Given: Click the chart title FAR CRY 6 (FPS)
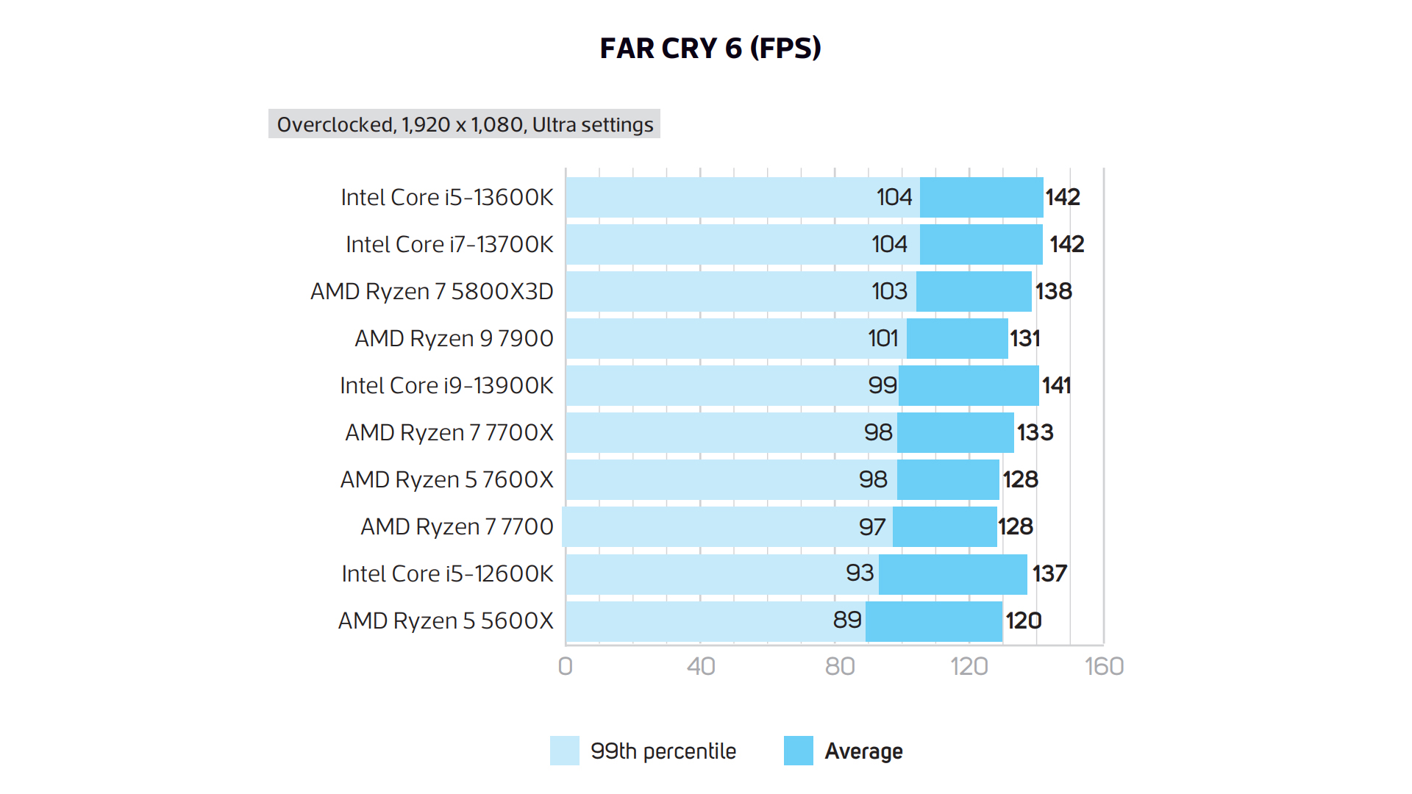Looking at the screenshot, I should (x=710, y=49).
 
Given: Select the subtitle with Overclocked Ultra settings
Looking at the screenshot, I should (x=464, y=124).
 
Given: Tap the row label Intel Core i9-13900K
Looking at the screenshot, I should (x=446, y=385).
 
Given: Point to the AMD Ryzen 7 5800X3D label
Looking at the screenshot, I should (x=432, y=291).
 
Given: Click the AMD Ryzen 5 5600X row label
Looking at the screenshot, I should (x=446, y=620).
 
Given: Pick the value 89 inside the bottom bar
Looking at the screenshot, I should (x=846, y=620).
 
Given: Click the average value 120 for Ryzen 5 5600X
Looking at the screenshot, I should (x=1023, y=620).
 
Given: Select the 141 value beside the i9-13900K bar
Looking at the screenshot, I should (x=1056, y=385).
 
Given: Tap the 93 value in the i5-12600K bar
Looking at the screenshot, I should (x=860, y=573).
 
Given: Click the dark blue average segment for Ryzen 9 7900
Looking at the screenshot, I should (x=957, y=338).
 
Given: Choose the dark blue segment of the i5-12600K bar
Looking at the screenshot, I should (x=952, y=574).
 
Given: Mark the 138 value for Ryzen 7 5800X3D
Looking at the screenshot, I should (x=1053, y=291).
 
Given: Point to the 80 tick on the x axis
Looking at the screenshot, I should (x=839, y=666).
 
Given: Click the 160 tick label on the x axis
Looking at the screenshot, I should (x=1104, y=666).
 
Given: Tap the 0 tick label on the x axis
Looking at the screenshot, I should (x=565, y=666).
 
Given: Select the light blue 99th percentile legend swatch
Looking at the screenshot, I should (x=564, y=751).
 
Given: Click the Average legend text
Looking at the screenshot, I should (x=863, y=751).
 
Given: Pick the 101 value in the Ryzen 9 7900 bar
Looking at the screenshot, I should (x=883, y=338).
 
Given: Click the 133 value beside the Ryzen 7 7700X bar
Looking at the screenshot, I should (x=1035, y=432).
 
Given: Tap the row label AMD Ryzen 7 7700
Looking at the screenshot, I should (x=457, y=526).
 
